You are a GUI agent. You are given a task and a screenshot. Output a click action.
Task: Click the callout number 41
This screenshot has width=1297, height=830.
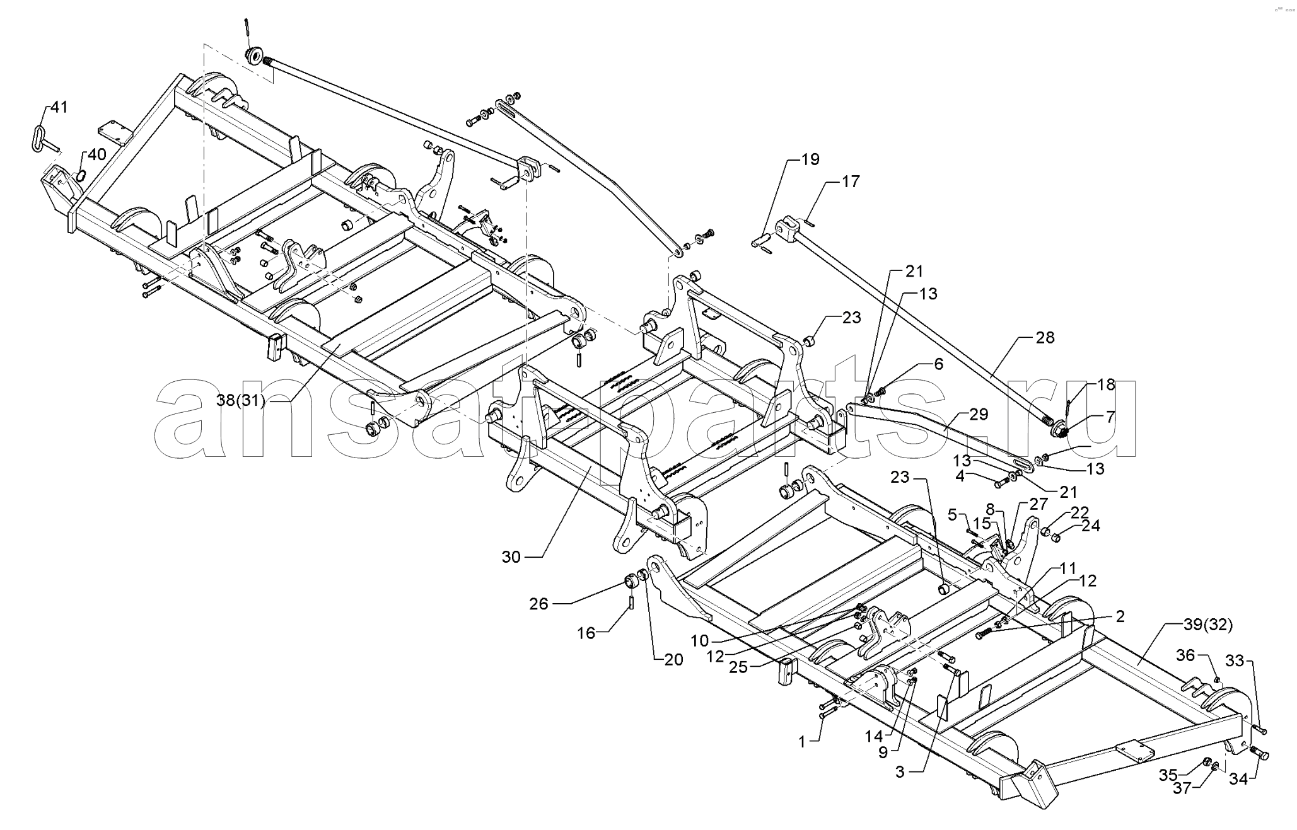coord(59,107)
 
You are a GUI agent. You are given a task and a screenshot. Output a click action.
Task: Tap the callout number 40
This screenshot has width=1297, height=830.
coord(97,154)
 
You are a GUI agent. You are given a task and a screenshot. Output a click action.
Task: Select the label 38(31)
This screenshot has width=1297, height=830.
coord(241,400)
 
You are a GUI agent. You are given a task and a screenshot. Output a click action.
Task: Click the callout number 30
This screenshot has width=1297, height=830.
coord(511,557)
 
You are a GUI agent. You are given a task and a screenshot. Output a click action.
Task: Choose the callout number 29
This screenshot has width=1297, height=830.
coord(979,415)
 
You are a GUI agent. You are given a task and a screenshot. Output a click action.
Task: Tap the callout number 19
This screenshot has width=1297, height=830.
coord(810,159)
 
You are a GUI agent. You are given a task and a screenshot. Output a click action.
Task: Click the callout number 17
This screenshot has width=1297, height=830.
coord(851,182)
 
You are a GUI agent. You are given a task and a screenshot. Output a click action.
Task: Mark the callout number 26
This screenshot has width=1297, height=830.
coord(539,604)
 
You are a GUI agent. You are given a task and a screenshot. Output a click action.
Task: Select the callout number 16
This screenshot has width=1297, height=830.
coord(587,633)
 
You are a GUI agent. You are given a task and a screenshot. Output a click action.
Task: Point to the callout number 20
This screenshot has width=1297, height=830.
coord(674,660)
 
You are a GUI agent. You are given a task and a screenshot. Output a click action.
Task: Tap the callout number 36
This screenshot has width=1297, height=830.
coord(1185,655)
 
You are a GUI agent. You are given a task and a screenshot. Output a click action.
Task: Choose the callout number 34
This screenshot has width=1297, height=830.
coord(1238,780)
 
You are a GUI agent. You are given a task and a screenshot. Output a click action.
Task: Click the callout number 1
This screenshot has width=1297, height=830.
coord(802,743)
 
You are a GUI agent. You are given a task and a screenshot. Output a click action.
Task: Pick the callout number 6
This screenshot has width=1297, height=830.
coord(939,364)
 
